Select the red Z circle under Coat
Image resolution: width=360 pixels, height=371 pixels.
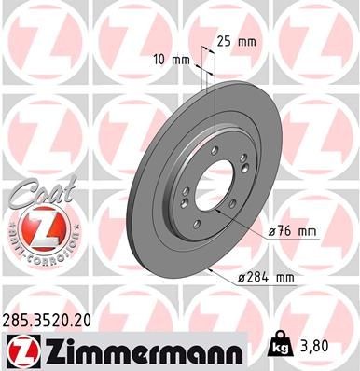coord(38,227)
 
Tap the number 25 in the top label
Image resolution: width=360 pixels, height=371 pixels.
coord(223,42)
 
